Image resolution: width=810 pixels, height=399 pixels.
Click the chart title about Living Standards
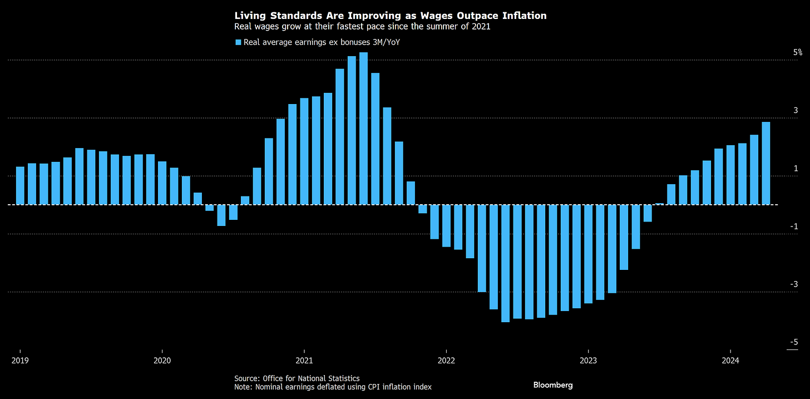pyautogui.click(x=390, y=16)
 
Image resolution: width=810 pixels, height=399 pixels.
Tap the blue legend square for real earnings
pyautogui.click(x=238, y=42)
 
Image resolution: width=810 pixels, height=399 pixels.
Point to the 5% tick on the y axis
pyautogui.click(x=798, y=52)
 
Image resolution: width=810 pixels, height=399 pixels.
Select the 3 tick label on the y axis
pyautogui.click(x=796, y=110)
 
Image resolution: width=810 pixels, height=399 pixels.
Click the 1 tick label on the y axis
pyautogui.click(x=796, y=168)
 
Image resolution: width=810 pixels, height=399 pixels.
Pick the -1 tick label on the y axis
pyautogui.click(x=794, y=226)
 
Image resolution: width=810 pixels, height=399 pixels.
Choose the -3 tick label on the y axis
pyautogui.click(x=794, y=284)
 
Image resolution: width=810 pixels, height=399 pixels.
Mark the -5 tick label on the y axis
pyautogui.click(x=794, y=342)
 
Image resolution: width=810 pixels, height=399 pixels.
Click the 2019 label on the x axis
pyautogui.click(x=20, y=360)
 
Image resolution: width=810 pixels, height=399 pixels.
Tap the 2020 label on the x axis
pyautogui.click(x=162, y=360)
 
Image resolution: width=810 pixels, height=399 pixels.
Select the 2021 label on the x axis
pyautogui.click(x=304, y=360)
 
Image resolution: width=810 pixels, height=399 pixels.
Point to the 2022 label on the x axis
pyautogui.click(x=446, y=360)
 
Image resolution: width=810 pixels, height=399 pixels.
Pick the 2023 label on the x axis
pyautogui.click(x=588, y=360)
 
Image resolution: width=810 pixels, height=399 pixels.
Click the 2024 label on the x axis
pyautogui.click(x=730, y=360)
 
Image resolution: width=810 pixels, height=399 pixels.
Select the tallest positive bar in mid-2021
pyautogui.click(x=363, y=128)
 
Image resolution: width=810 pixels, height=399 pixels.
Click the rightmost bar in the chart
pyautogui.click(x=766, y=163)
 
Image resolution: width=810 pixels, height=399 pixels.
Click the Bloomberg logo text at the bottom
pyautogui.click(x=553, y=385)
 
